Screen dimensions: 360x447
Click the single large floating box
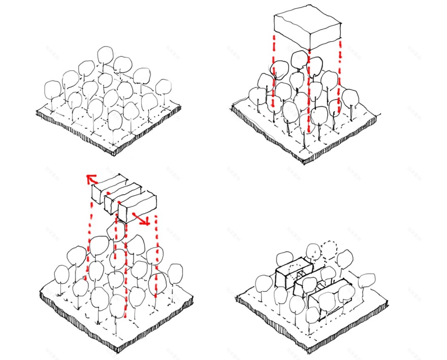pos(307,28)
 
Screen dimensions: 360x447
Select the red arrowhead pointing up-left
pos(91,178)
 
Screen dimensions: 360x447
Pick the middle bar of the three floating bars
pos(122,195)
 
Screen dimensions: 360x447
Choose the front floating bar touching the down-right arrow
pos(138,205)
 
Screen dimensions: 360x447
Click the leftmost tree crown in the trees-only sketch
pos(53,90)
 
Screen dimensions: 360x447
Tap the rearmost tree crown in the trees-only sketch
pos(106,54)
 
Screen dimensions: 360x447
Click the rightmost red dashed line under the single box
pos(339,76)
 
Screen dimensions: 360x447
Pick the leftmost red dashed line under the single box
pos(273,71)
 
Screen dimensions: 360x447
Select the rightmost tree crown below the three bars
pos(175,272)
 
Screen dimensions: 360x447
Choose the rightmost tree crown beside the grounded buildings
pos(367,280)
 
